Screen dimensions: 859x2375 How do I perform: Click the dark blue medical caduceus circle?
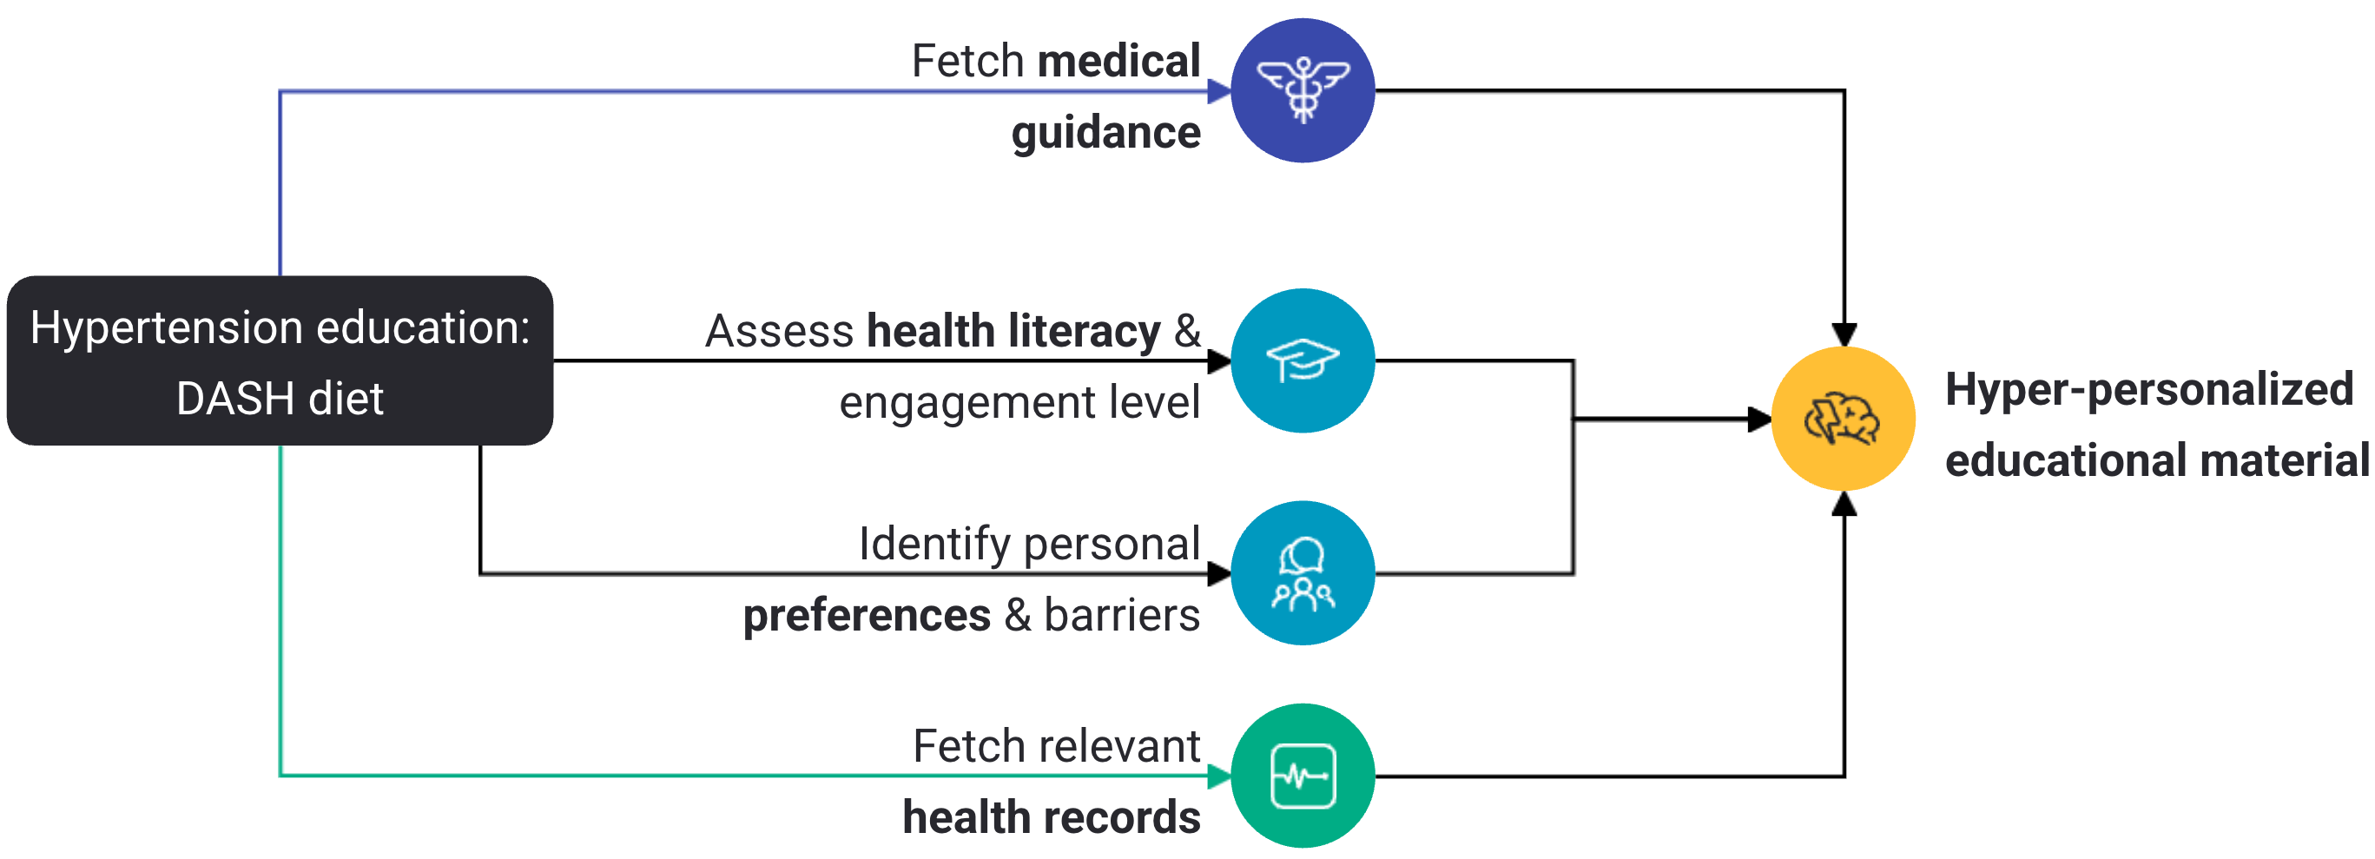pyautogui.click(x=1302, y=90)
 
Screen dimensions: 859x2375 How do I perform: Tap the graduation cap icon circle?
pyautogui.click(x=1302, y=360)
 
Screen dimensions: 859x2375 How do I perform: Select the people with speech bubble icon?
pyautogui.click(x=1302, y=573)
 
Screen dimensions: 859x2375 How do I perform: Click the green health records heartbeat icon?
pyautogui.click(x=1302, y=776)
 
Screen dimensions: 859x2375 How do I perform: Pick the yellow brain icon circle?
pyautogui.click(x=1842, y=420)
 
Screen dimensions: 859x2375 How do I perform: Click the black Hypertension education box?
pyautogui.click(x=280, y=360)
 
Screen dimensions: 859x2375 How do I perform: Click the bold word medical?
pyautogui.click(x=1118, y=62)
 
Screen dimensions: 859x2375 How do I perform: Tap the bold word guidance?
pyautogui.click(x=1105, y=133)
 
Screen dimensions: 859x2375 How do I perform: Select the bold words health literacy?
pyautogui.click(x=1013, y=331)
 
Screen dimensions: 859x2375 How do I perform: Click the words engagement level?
pyautogui.click(x=1019, y=403)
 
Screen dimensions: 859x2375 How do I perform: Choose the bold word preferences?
pyautogui.click(x=867, y=616)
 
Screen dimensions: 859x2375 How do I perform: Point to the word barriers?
pyautogui.click(x=1121, y=616)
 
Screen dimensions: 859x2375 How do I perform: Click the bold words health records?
pyautogui.click(x=1051, y=817)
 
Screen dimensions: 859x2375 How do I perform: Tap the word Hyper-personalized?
pyautogui.click(x=2148, y=389)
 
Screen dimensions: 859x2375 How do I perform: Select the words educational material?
pyautogui.click(x=2156, y=461)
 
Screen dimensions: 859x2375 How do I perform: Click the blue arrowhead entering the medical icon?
pyautogui.click(x=1219, y=91)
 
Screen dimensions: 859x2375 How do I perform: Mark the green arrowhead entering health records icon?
pyautogui.click(x=1219, y=776)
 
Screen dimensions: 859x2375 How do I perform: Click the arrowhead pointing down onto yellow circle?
pyautogui.click(x=1843, y=334)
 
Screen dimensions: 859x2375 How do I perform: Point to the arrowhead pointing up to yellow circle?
pyautogui.click(x=1843, y=503)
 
